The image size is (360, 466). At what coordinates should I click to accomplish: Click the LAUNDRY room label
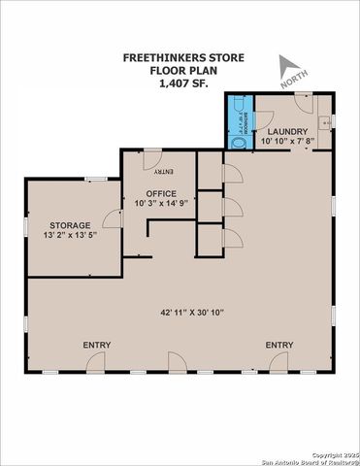288,131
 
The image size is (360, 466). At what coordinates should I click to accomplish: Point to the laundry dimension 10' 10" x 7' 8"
288,143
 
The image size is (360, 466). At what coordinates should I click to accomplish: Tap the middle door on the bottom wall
177,365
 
